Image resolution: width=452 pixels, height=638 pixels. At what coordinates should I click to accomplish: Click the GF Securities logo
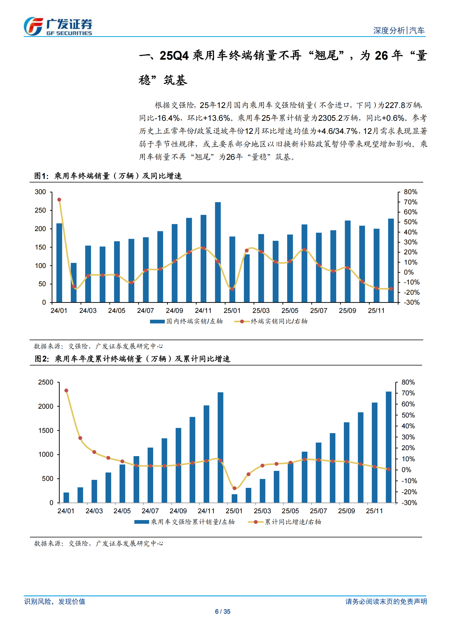point(58,27)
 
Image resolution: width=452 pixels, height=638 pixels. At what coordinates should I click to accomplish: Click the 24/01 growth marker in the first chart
point(59,200)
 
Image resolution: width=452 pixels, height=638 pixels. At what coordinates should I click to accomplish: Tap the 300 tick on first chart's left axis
point(40,192)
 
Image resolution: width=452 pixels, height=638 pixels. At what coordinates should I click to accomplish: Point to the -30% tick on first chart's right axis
point(412,302)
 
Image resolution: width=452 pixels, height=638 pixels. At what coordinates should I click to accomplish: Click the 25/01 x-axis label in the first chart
point(232,311)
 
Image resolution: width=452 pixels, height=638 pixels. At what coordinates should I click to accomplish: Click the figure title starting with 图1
point(108,176)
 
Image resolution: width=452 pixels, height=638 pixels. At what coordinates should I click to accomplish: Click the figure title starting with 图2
point(132,359)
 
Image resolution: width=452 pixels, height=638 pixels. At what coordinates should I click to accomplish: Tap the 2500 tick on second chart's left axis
point(46,382)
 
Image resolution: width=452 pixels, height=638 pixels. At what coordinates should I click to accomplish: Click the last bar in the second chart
point(389,447)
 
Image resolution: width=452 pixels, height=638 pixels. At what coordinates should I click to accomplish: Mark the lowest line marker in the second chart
point(235,488)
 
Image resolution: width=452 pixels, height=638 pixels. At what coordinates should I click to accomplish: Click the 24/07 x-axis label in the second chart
point(150,511)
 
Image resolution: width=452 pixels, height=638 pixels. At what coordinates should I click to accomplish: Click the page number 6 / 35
point(223,612)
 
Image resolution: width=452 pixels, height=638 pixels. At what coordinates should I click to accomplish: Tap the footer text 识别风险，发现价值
point(55,601)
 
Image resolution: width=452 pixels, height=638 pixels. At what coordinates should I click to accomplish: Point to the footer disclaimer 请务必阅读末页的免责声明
point(386,601)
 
